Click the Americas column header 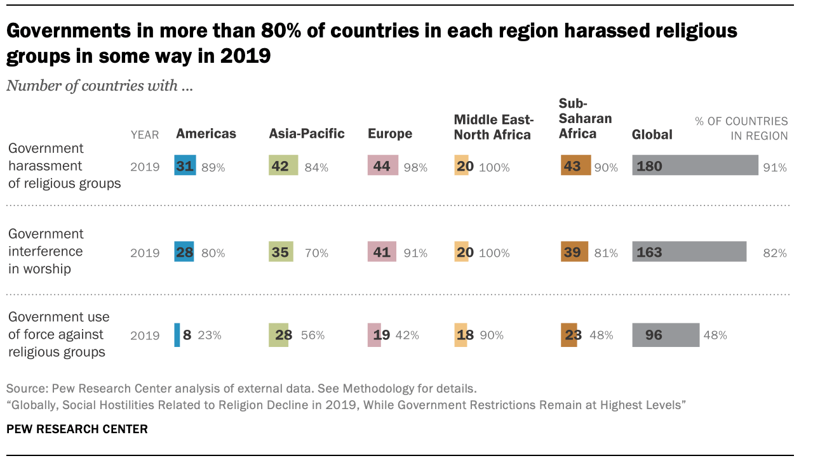[206, 134]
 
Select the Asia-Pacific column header [307, 134]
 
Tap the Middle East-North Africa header [493, 127]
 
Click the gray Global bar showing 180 [695, 166]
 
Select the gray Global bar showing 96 [666, 335]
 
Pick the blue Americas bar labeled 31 [185, 166]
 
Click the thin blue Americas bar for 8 [177, 335]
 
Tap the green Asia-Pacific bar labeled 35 [281, 252]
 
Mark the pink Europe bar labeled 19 [374, 335]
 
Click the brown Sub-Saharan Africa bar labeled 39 [575, 252]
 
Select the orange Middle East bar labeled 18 [460, 335]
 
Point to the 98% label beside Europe [415, 167]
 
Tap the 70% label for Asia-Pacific [316, 253]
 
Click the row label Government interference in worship [46, 251]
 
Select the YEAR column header [145, 134]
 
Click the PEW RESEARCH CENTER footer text [77, 429]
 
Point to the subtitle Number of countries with [100, 86]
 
